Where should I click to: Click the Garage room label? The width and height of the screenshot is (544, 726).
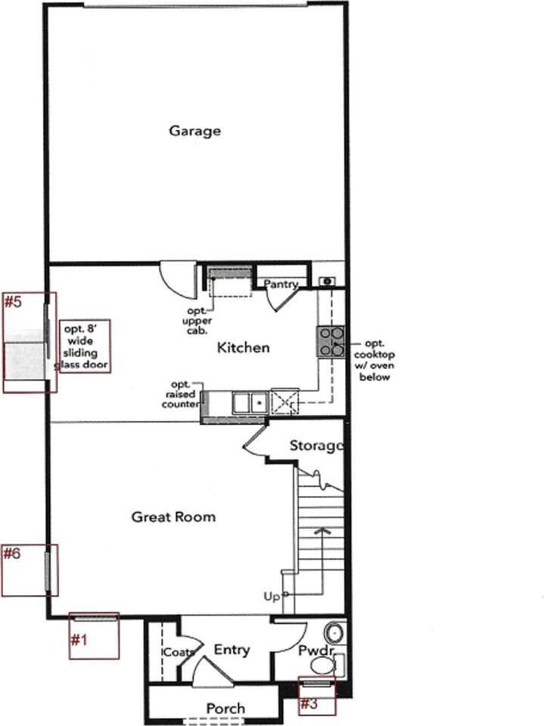194,131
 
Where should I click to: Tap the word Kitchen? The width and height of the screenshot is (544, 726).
243,348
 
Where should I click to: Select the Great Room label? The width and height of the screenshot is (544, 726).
173,517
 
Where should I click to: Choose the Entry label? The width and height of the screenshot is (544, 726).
232,650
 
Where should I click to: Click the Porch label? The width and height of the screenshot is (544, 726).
225,709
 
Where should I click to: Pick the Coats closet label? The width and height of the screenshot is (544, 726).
179,652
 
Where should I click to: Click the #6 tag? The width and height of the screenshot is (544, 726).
12,554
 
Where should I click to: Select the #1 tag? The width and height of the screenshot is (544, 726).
79,641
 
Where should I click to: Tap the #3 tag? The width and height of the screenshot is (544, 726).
308,703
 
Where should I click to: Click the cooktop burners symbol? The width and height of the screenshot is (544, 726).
331,341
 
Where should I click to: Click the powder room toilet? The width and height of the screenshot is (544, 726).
324,665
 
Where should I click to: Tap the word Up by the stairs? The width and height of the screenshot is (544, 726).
272,597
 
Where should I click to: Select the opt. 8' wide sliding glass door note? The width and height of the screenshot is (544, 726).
85,347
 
